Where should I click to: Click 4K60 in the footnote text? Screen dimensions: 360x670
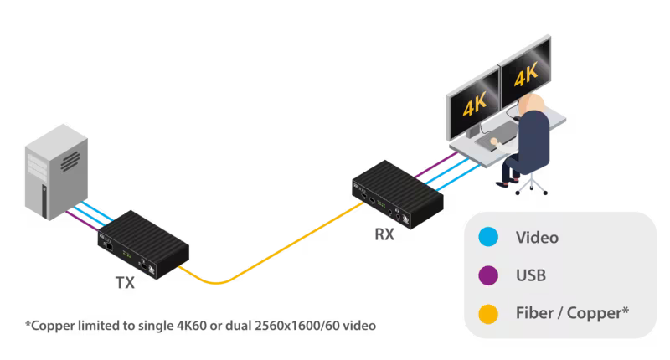pyautogui.click(x=178, y=324)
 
